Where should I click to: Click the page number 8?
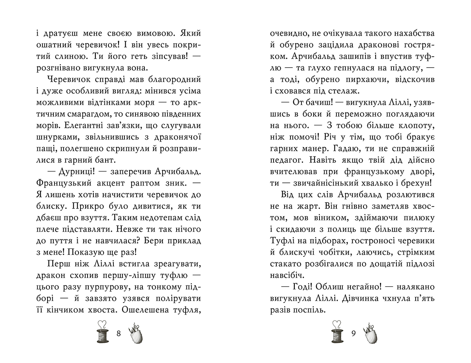119,334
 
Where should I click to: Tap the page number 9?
353,334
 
